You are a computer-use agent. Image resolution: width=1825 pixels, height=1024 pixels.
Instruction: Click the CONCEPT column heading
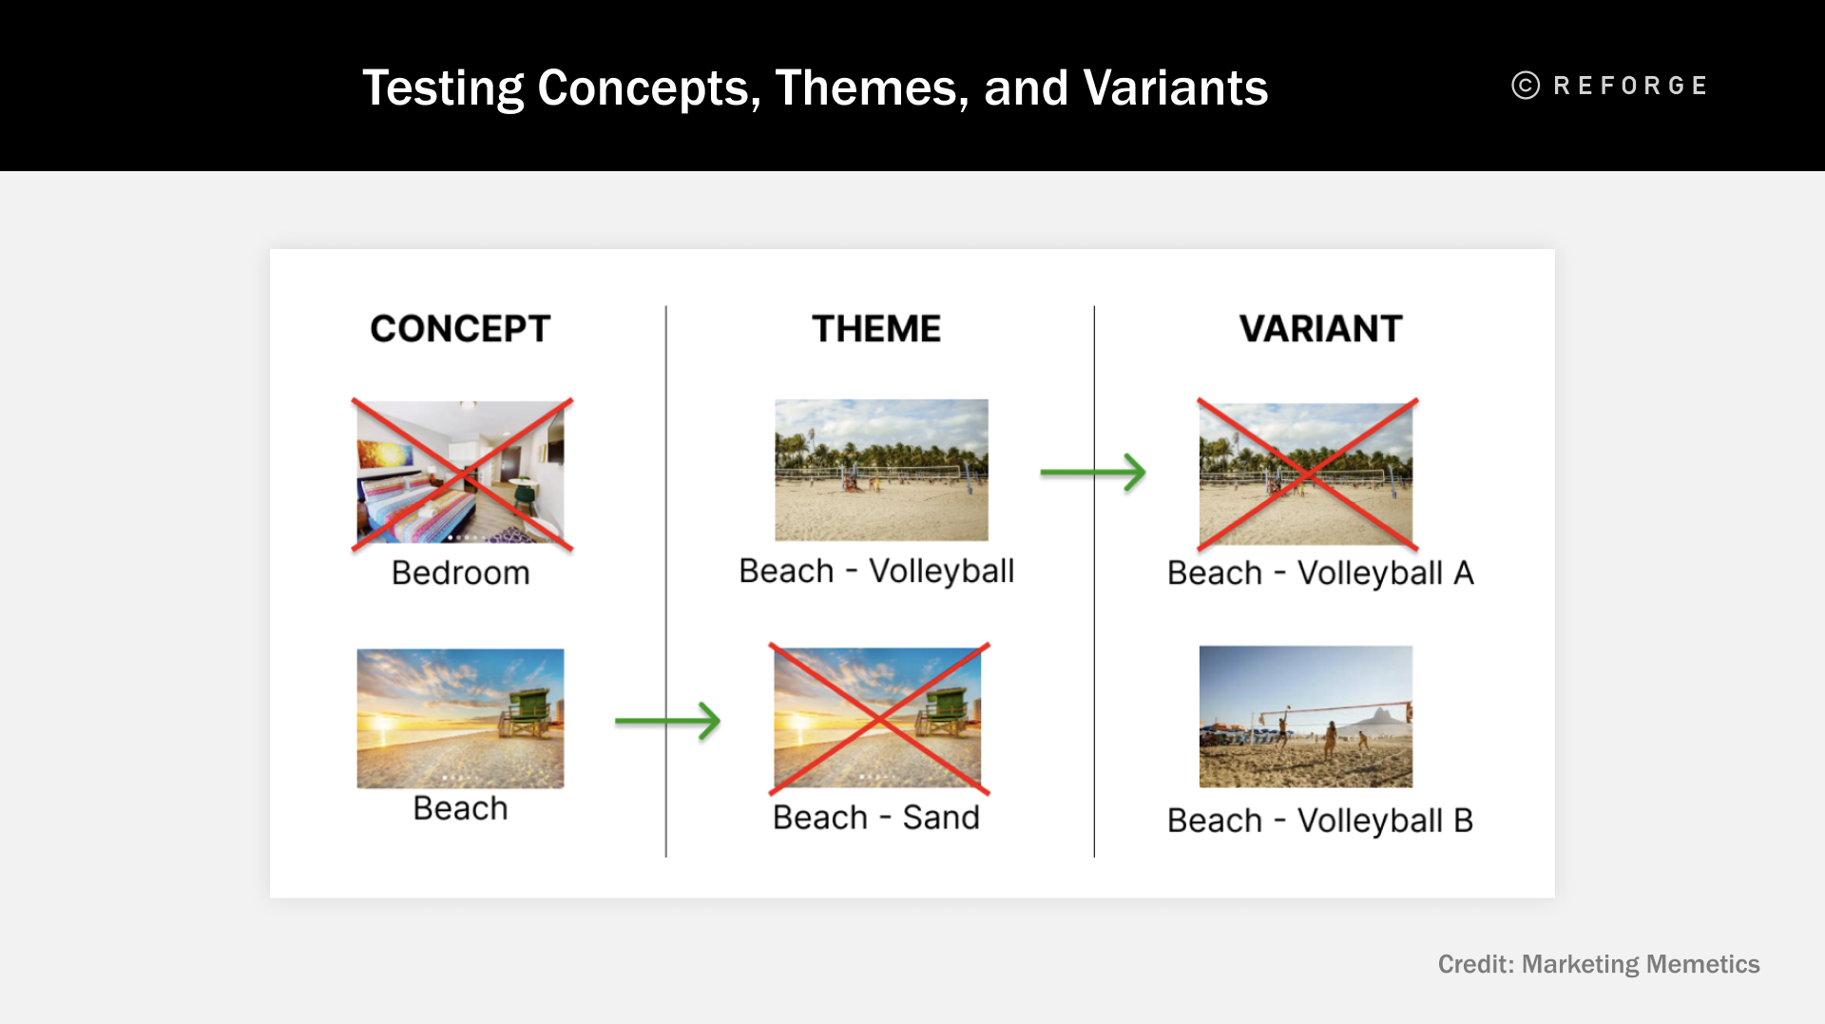[x=460, y=329]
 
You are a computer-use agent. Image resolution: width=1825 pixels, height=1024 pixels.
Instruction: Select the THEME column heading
[x=875, y=329]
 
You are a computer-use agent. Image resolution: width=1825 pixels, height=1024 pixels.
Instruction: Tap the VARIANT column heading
[x=1320, y=329]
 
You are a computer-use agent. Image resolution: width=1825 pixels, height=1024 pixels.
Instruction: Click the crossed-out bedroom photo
[x=461, y=473]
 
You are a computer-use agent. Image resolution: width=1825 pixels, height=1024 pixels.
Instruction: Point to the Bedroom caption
[x=460, y=573]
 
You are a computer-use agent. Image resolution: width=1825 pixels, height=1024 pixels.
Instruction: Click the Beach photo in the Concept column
[x=460, y=718]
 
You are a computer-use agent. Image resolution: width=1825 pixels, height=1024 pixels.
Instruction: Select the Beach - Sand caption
[x=875, y=818]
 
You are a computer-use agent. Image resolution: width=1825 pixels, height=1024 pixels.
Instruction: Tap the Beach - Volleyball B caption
[x=1320, y=821]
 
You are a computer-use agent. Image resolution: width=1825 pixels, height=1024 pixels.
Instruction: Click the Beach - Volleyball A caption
[x=1320, y=573]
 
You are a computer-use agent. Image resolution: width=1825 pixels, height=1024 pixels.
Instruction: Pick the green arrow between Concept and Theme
[x=667, y=721]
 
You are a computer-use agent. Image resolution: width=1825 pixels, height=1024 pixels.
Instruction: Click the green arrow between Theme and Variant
[x=1093, y=472]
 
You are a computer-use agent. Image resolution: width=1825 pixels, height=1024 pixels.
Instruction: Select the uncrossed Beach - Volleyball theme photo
[x=881, y=470]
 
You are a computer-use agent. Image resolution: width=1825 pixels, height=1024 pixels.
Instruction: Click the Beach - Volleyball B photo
[x=1305, y=716]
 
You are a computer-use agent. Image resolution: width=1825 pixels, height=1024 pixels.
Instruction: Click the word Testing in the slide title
[x=443, y=88]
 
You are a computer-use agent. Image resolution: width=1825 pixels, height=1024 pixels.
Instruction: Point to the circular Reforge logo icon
[x=1526, y=86]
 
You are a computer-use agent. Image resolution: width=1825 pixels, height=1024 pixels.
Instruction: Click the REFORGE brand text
[x=1630, y=86]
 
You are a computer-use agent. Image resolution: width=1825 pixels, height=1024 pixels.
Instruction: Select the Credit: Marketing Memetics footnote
[x=1598, y=964]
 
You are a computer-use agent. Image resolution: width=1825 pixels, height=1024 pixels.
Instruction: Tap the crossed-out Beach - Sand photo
[x=877, y=718]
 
